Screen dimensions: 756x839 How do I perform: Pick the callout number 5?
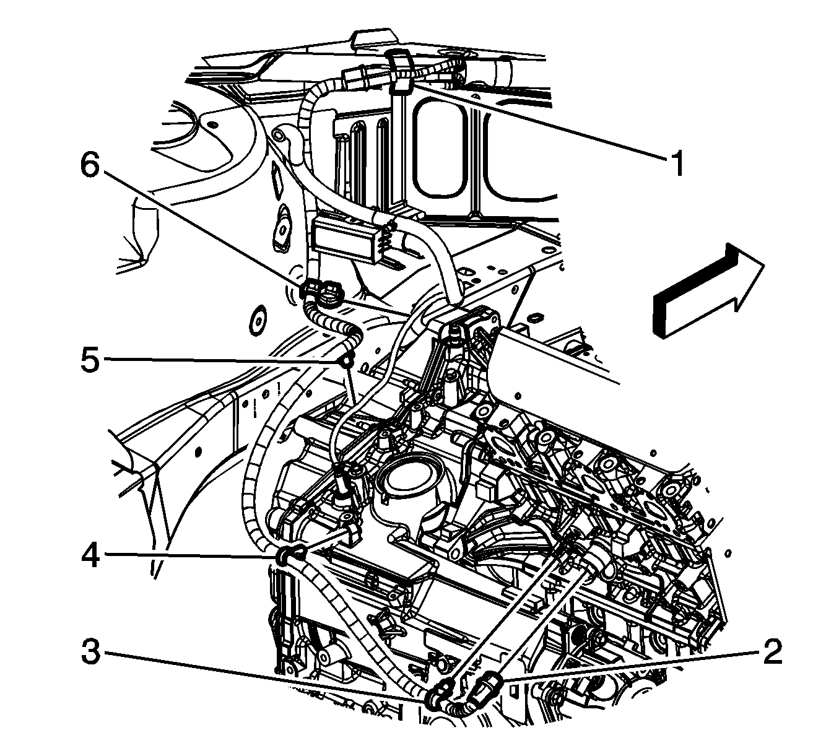pos(90,360)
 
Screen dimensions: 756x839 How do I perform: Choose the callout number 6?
pos(90,166)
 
